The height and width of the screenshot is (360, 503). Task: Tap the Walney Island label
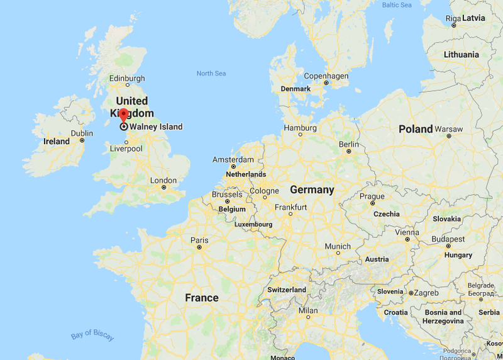(156, 127)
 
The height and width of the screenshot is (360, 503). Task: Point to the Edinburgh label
(126, 79)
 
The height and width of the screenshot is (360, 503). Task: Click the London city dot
(164, 188)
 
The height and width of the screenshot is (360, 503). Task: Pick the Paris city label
(199, 240)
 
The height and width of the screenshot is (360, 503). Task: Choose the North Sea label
(211, 74)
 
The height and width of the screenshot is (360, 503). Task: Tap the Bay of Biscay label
(92, 334)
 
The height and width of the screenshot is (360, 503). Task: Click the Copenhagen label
(326, 76)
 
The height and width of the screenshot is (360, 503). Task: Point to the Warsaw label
(450, 129)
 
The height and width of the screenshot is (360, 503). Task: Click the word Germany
(312, 189)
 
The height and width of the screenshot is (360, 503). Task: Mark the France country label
(202, 298)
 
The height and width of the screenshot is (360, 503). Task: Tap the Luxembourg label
(253, 224)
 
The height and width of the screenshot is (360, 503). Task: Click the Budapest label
(448, 239)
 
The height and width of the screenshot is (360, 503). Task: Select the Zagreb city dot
(410, 293)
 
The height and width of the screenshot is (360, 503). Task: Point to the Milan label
(308, 311)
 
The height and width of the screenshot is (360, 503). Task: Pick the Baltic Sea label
(397, 5)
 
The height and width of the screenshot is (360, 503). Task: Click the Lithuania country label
(461, 55)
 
